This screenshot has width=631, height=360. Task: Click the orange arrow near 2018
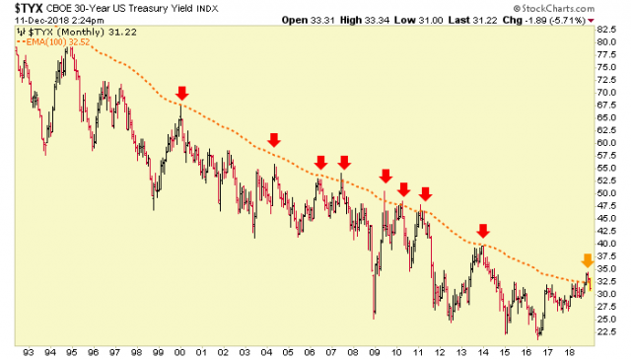pos(587,261)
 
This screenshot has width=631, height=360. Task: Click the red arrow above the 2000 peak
pos(181,94)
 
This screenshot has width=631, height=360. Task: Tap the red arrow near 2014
pos(482,232)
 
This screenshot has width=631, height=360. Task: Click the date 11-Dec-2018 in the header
pos(33,20)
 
